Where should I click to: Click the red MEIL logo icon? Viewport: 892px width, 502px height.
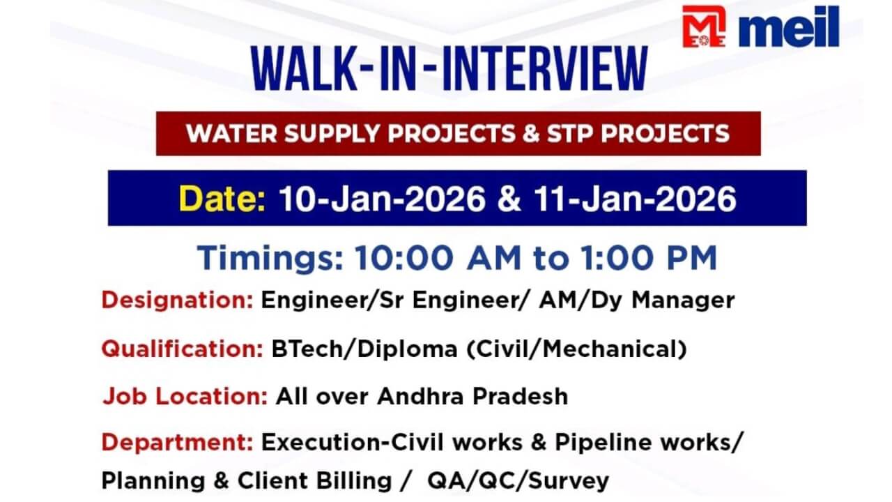coord(704,26)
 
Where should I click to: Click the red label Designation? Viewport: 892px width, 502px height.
coord(177,301)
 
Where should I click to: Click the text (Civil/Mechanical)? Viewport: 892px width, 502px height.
coord(576,349)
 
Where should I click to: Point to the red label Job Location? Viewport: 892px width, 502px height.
coord(185,396)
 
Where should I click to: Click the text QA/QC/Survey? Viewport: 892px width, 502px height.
coord(518,480)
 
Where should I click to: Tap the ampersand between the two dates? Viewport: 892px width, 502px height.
coord(509,199)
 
